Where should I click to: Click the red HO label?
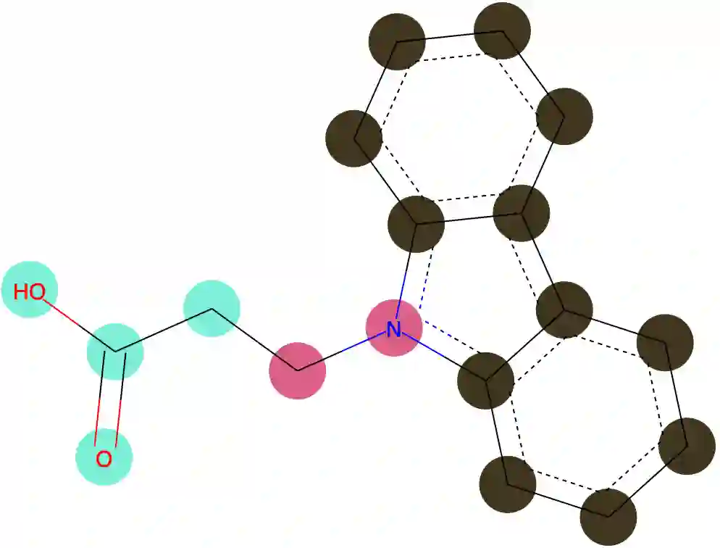[x=30, y=291]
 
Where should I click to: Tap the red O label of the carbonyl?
[x=104, y=458]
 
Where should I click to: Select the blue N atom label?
[x=393, y=330]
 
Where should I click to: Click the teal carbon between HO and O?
[x=115, y=352]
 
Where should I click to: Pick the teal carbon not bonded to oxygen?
[x=212, y=310]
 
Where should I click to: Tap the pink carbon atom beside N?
[x=297, y=370]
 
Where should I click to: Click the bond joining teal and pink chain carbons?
[x=254, y=340]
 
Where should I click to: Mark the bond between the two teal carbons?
[x=163, y=331]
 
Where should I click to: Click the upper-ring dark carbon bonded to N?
[x=417, y=223]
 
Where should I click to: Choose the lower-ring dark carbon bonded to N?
[x=486, y=380]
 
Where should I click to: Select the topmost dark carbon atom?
[x=503, y=30]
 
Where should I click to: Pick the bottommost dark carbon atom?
[x=608, y=516]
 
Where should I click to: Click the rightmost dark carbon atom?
[x=687, y=446]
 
